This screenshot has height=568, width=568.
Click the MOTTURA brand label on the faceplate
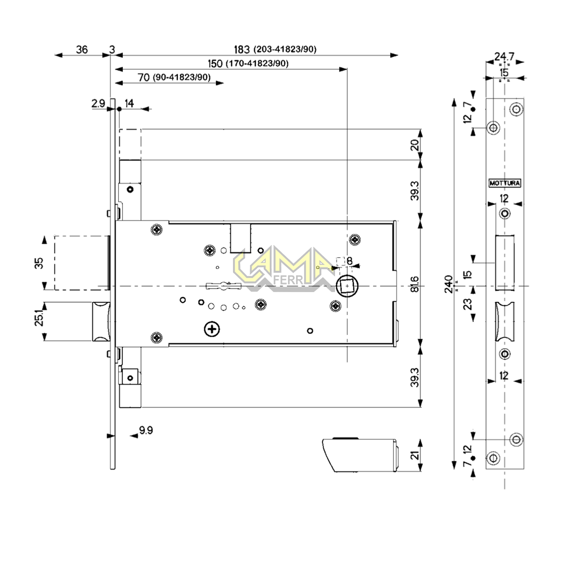tap(505, 183)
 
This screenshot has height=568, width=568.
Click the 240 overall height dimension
tap(448, 284)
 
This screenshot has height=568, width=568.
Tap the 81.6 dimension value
tap(415, 285)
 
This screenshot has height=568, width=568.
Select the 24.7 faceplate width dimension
tap(504, 56)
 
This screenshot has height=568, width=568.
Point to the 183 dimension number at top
tap(242, 50)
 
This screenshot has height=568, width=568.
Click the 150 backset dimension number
tap(215, 64)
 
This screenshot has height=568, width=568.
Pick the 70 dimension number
tap(144, 77)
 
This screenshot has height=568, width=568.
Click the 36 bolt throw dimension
tap(81, 50)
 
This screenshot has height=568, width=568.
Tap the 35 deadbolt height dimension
tap(39, 263)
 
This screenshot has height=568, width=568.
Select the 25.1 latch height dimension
tap(39, 319)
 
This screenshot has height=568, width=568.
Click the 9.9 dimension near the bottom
tap(146, 430)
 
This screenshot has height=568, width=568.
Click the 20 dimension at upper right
tap(415, 145)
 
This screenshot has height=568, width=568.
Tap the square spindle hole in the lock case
tap(346, 286)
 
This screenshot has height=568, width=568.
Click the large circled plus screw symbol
tap(212, 329)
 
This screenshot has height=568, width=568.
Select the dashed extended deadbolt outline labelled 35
tap(81, 263)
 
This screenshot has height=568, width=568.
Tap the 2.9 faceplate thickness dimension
tap(98, 104)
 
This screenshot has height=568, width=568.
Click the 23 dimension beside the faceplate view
tap(467, 303)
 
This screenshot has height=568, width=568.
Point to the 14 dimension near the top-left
tap(129, 104)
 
